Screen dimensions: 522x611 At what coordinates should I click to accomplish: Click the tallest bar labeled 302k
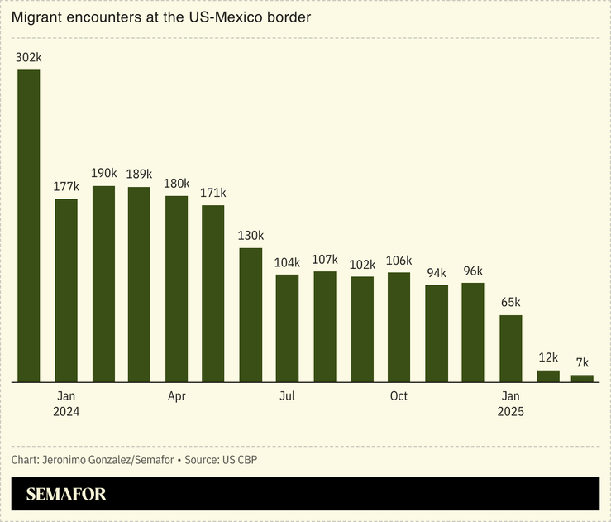pos(29,225)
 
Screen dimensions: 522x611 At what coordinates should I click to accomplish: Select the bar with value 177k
pos(66,290)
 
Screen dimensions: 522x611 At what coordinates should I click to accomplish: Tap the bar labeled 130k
pos(251,314)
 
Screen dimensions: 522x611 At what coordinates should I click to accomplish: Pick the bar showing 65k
pos(511,348)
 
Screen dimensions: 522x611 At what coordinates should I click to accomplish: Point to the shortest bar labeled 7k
pos(582,378)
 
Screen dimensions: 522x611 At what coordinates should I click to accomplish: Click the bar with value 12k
pos(548,376)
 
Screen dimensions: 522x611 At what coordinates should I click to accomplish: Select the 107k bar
pos(325,326)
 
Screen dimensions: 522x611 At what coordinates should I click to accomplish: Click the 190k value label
pos(103,173)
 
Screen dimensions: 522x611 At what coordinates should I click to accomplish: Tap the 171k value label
pos(213,193)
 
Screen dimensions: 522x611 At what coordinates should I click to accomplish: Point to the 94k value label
pos(437,273)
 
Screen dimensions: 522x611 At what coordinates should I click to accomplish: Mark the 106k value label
pos(399,261)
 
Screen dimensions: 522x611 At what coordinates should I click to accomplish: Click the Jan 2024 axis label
pos(66,404)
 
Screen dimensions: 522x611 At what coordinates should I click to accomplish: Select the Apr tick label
pos(177,396)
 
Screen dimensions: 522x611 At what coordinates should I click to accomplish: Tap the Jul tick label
pos(287,396)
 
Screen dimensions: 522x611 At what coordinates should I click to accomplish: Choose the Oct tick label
pos(399,396)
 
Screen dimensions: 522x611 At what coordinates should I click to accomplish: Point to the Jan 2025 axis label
pos(511,404)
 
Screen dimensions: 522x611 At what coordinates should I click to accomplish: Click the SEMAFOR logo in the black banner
pos(66,495)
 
